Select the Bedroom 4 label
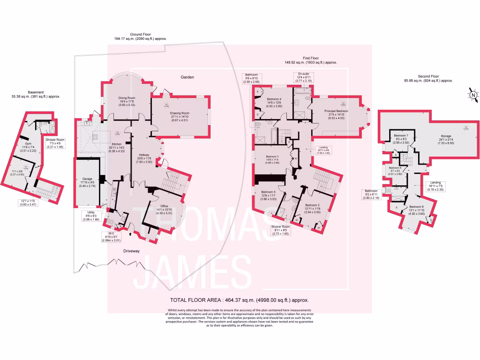[274, 99]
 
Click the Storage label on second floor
[433, 136]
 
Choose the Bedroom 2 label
[312, 205]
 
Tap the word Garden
[187, 77]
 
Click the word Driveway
[132, 251]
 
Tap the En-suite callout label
[302, 74]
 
